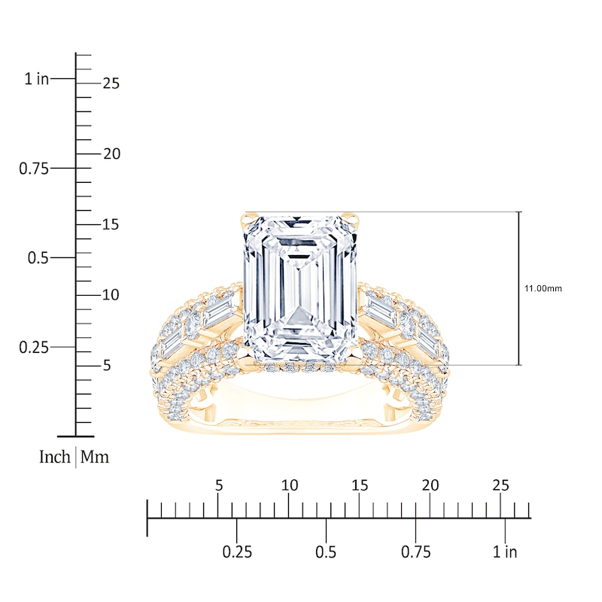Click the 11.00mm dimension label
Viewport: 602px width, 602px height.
(x=543, y=288)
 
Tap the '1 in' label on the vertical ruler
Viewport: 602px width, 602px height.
(x=37, y=79)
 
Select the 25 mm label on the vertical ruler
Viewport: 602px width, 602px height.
(x=111, y=84)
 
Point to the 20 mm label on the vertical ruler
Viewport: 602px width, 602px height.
(x=111, y=154)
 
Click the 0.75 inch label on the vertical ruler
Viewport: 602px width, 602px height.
(x=34, y=169)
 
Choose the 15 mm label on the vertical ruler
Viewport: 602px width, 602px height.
(x=111, y=224)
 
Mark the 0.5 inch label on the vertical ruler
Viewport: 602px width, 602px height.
(x=38, y=258)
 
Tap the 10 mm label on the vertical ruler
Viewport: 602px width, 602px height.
(x=111, y=295)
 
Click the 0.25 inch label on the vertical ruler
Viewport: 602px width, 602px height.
(x=34, y=348)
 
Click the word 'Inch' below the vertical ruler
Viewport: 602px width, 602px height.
(x=55, y=457)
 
